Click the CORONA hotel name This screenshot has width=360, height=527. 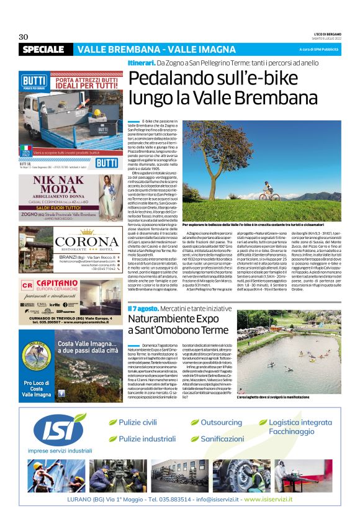[x=69, y=241]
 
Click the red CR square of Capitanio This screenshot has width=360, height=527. [x=26, y=285]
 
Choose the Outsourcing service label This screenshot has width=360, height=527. [x=221, y=422]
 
